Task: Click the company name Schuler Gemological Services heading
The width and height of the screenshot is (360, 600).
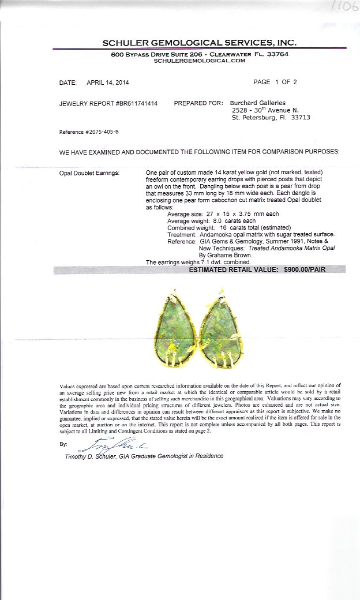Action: [199, 43]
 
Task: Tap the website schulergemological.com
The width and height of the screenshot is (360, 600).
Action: [200, 60]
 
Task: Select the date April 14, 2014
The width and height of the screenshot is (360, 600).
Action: [108, 82]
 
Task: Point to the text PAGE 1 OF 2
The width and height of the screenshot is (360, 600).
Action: [275, 82]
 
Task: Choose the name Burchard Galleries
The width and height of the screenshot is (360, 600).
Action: [258, 103]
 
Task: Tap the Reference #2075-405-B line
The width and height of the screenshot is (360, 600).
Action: [89, 132]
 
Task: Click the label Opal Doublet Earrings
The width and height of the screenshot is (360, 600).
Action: [89, 173]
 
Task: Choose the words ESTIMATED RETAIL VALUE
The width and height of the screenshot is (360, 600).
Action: [233, 269]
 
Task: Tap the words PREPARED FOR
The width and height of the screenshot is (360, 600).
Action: [198, 103]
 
